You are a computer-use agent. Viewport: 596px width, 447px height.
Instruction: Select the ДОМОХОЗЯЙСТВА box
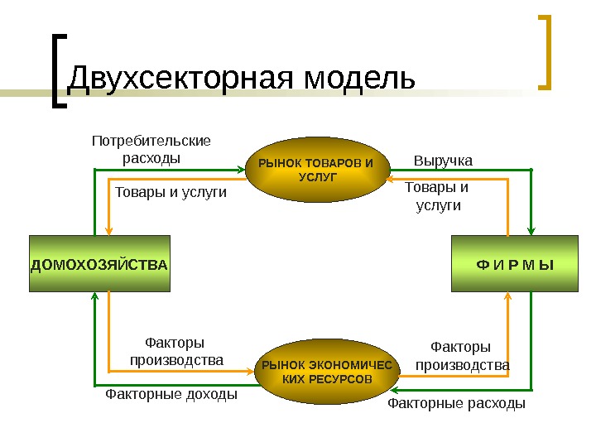(x=99, y=264)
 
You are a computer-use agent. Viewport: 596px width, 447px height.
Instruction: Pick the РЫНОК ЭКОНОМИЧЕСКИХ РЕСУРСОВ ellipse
(x=327, y=372)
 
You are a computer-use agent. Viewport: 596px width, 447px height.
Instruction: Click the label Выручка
(x=443, y=160)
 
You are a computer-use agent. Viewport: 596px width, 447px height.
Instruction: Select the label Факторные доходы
(x=171, y=395)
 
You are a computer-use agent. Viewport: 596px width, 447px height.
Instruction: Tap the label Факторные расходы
(x=457, y=404)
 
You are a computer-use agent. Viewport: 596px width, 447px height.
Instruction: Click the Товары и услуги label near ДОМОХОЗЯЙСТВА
(x=171, y=192)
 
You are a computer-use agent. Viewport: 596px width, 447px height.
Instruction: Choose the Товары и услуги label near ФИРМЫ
(x=437, y=196)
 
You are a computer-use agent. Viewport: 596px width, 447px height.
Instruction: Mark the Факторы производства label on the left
(x=175, y=352)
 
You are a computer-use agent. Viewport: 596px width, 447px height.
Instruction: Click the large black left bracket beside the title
(x=55, y=70)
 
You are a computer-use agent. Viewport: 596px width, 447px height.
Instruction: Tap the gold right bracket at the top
(x=546, y=50)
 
